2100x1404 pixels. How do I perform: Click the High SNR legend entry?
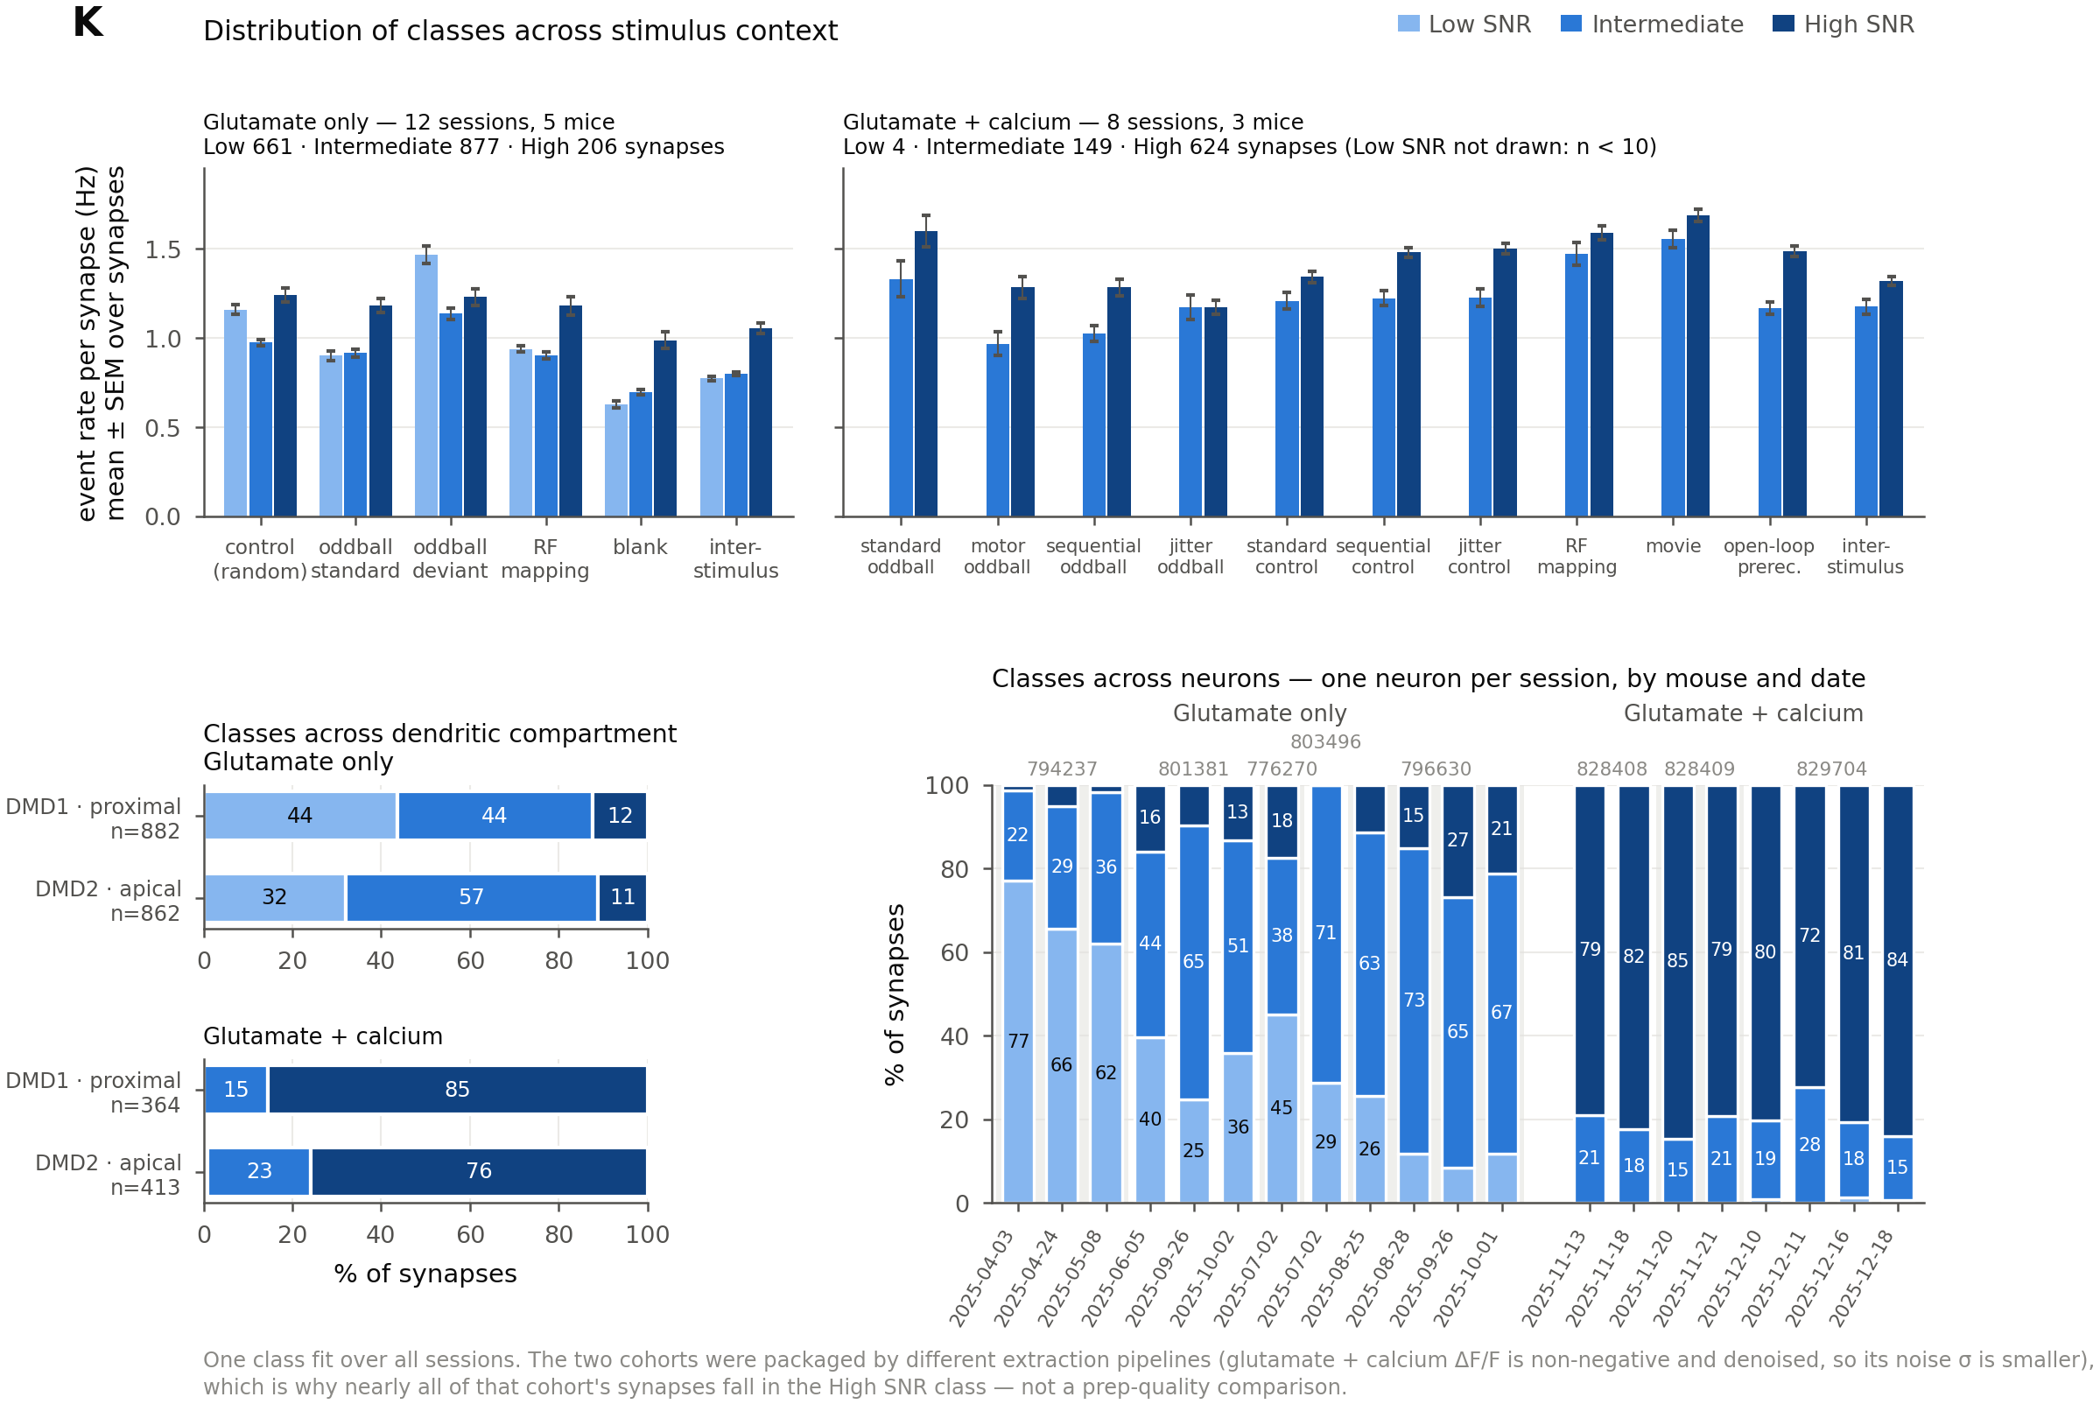pos(1843,25)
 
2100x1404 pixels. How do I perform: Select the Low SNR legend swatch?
pos(1408,24)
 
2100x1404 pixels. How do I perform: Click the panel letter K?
pos(88,23)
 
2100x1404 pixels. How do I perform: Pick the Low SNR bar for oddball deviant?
pos(426,386)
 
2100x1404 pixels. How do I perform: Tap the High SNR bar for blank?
pos(664,429)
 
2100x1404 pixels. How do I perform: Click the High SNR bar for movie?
pos(1698,366)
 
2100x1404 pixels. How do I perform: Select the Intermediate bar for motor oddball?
pos(998,431)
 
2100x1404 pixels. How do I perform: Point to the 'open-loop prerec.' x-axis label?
pos(1768,557)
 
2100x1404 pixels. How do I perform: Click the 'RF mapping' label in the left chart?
pos(545,558)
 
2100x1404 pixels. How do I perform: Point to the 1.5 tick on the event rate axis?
pos(163,249)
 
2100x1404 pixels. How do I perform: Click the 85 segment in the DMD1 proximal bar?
pos(458,1090)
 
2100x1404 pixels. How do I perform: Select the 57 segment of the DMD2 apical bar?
pos(472,897)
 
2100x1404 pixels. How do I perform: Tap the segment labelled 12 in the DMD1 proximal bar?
pos(620,816)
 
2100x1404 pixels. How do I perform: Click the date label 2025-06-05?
pos(1113,1279)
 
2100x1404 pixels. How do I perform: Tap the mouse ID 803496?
pos(1325,742)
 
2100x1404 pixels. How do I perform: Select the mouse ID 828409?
pos(1700,769)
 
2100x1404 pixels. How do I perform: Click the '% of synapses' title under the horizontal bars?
pos(425,1274)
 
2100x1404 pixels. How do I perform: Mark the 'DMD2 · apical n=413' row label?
pos(109,1175)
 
